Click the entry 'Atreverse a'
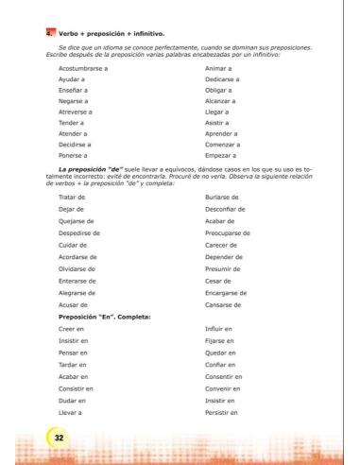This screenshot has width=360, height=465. point(77,118)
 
